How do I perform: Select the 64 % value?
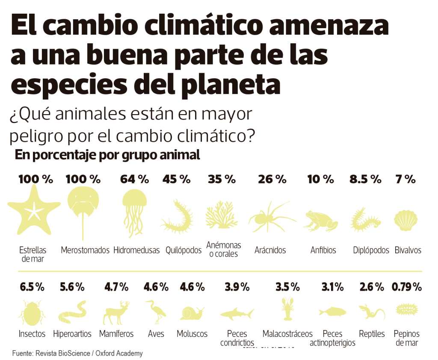tap(134, 179)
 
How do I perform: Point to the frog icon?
tap(320, 221)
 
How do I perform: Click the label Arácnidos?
tap(270, 250)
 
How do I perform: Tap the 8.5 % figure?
tap(365, 179)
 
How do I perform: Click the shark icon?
tap(237, 314)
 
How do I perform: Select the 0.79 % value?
tap(406, 287)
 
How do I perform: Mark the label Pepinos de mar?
tap(406, 338)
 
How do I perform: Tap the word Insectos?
tap(32, 334)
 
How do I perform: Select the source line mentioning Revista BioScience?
tap(77, 354)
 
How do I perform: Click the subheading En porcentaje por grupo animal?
tap(107, 155)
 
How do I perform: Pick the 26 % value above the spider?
tap(272, 179)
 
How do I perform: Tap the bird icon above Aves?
tap(155, 312)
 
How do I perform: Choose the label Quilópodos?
tap(183, 250)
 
